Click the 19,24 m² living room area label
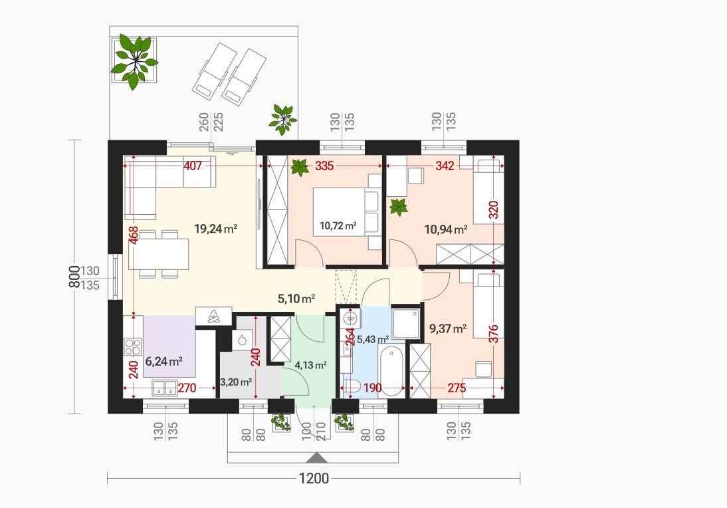coord(215,229)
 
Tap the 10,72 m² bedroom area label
coord(338,226)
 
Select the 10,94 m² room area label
coord(445,229)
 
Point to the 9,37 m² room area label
coord(447,329)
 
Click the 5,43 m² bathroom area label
coord(373,340)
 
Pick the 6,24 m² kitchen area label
coord(163,361)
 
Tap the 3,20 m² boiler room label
coord(235,382)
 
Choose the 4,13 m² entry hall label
coord(310,365)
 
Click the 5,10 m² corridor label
coord(297,299)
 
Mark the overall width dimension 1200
coord(314,478)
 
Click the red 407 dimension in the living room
coord(193,165)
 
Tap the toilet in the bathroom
coord(352,386)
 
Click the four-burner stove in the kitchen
coord(133,348)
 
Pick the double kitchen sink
coord(165,388)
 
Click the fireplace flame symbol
coord(214,317)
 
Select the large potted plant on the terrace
coord(134,61)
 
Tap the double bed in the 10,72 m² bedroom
coord(347,211)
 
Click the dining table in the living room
coord(159,254)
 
